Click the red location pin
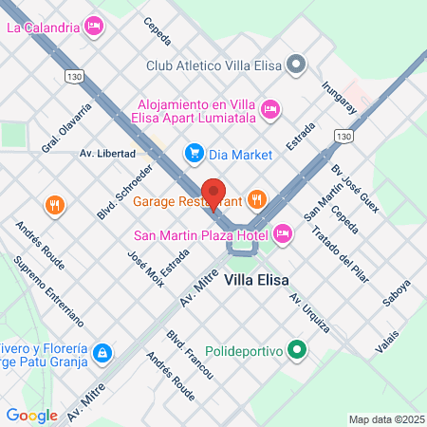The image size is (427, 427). coord(213,194)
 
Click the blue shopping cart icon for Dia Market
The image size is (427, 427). coord(194,152)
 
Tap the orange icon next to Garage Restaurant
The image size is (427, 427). coord(256,199)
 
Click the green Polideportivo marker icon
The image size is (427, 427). coord(297,351)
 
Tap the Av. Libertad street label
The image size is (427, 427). coord(107,153)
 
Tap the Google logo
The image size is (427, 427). coord(31,415)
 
